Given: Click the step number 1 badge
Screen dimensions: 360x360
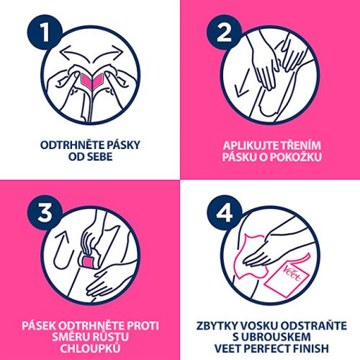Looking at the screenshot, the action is [x=45, y=32].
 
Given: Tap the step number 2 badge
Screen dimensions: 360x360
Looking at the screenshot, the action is [x=224, y=32].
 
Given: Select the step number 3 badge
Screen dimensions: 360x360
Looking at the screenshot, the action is [x=45, y=213].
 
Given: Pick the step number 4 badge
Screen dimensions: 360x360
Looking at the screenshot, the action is [x=224, y=213].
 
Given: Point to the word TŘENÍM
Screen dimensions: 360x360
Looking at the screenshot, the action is [x=301, y=145].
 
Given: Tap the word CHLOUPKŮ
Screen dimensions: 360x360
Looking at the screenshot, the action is [x=90, y=348].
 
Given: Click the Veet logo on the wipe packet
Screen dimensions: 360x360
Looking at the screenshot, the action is [x=292, y=274].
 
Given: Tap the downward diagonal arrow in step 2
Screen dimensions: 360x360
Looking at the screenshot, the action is [x=243, y=84].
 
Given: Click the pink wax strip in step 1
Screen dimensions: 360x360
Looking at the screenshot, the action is [x=92, y=80].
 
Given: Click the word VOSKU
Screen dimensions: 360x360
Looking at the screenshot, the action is [x=260, y=325].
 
